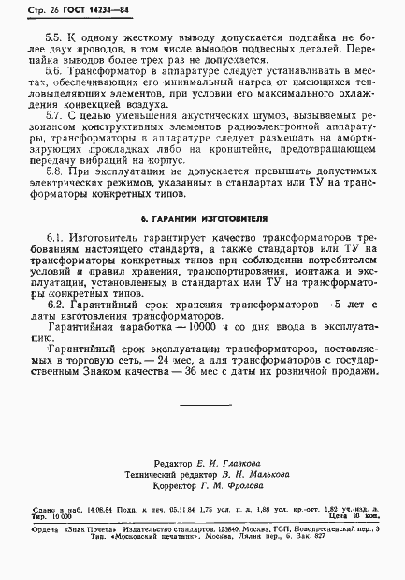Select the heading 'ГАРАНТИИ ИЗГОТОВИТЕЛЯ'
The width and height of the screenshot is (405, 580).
pos(203,245)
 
